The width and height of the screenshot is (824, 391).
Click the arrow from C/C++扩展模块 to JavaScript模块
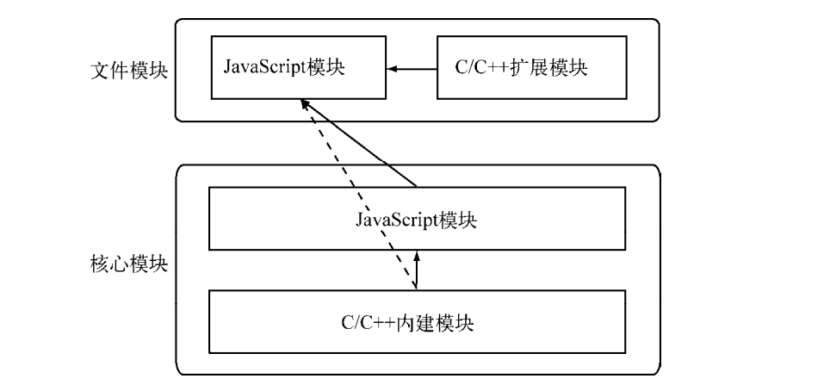pos(411,67)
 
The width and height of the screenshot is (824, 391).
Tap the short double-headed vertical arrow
pos(417,270)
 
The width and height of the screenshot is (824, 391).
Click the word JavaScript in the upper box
pos(263,67)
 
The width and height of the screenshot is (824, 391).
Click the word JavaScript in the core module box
pos(396,220)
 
